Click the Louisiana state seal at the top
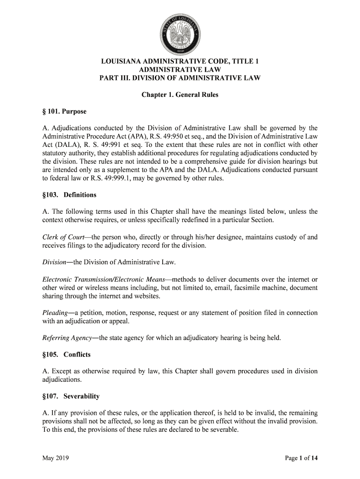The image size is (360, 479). tap(180, 33)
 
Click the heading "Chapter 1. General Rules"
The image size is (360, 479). tap(180, 95)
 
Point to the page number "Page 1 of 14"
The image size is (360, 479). tap(302, 458)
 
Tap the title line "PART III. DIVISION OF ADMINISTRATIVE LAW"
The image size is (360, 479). tap(180, 78)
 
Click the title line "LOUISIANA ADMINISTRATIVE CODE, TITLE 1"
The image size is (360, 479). tap(180, 61)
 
